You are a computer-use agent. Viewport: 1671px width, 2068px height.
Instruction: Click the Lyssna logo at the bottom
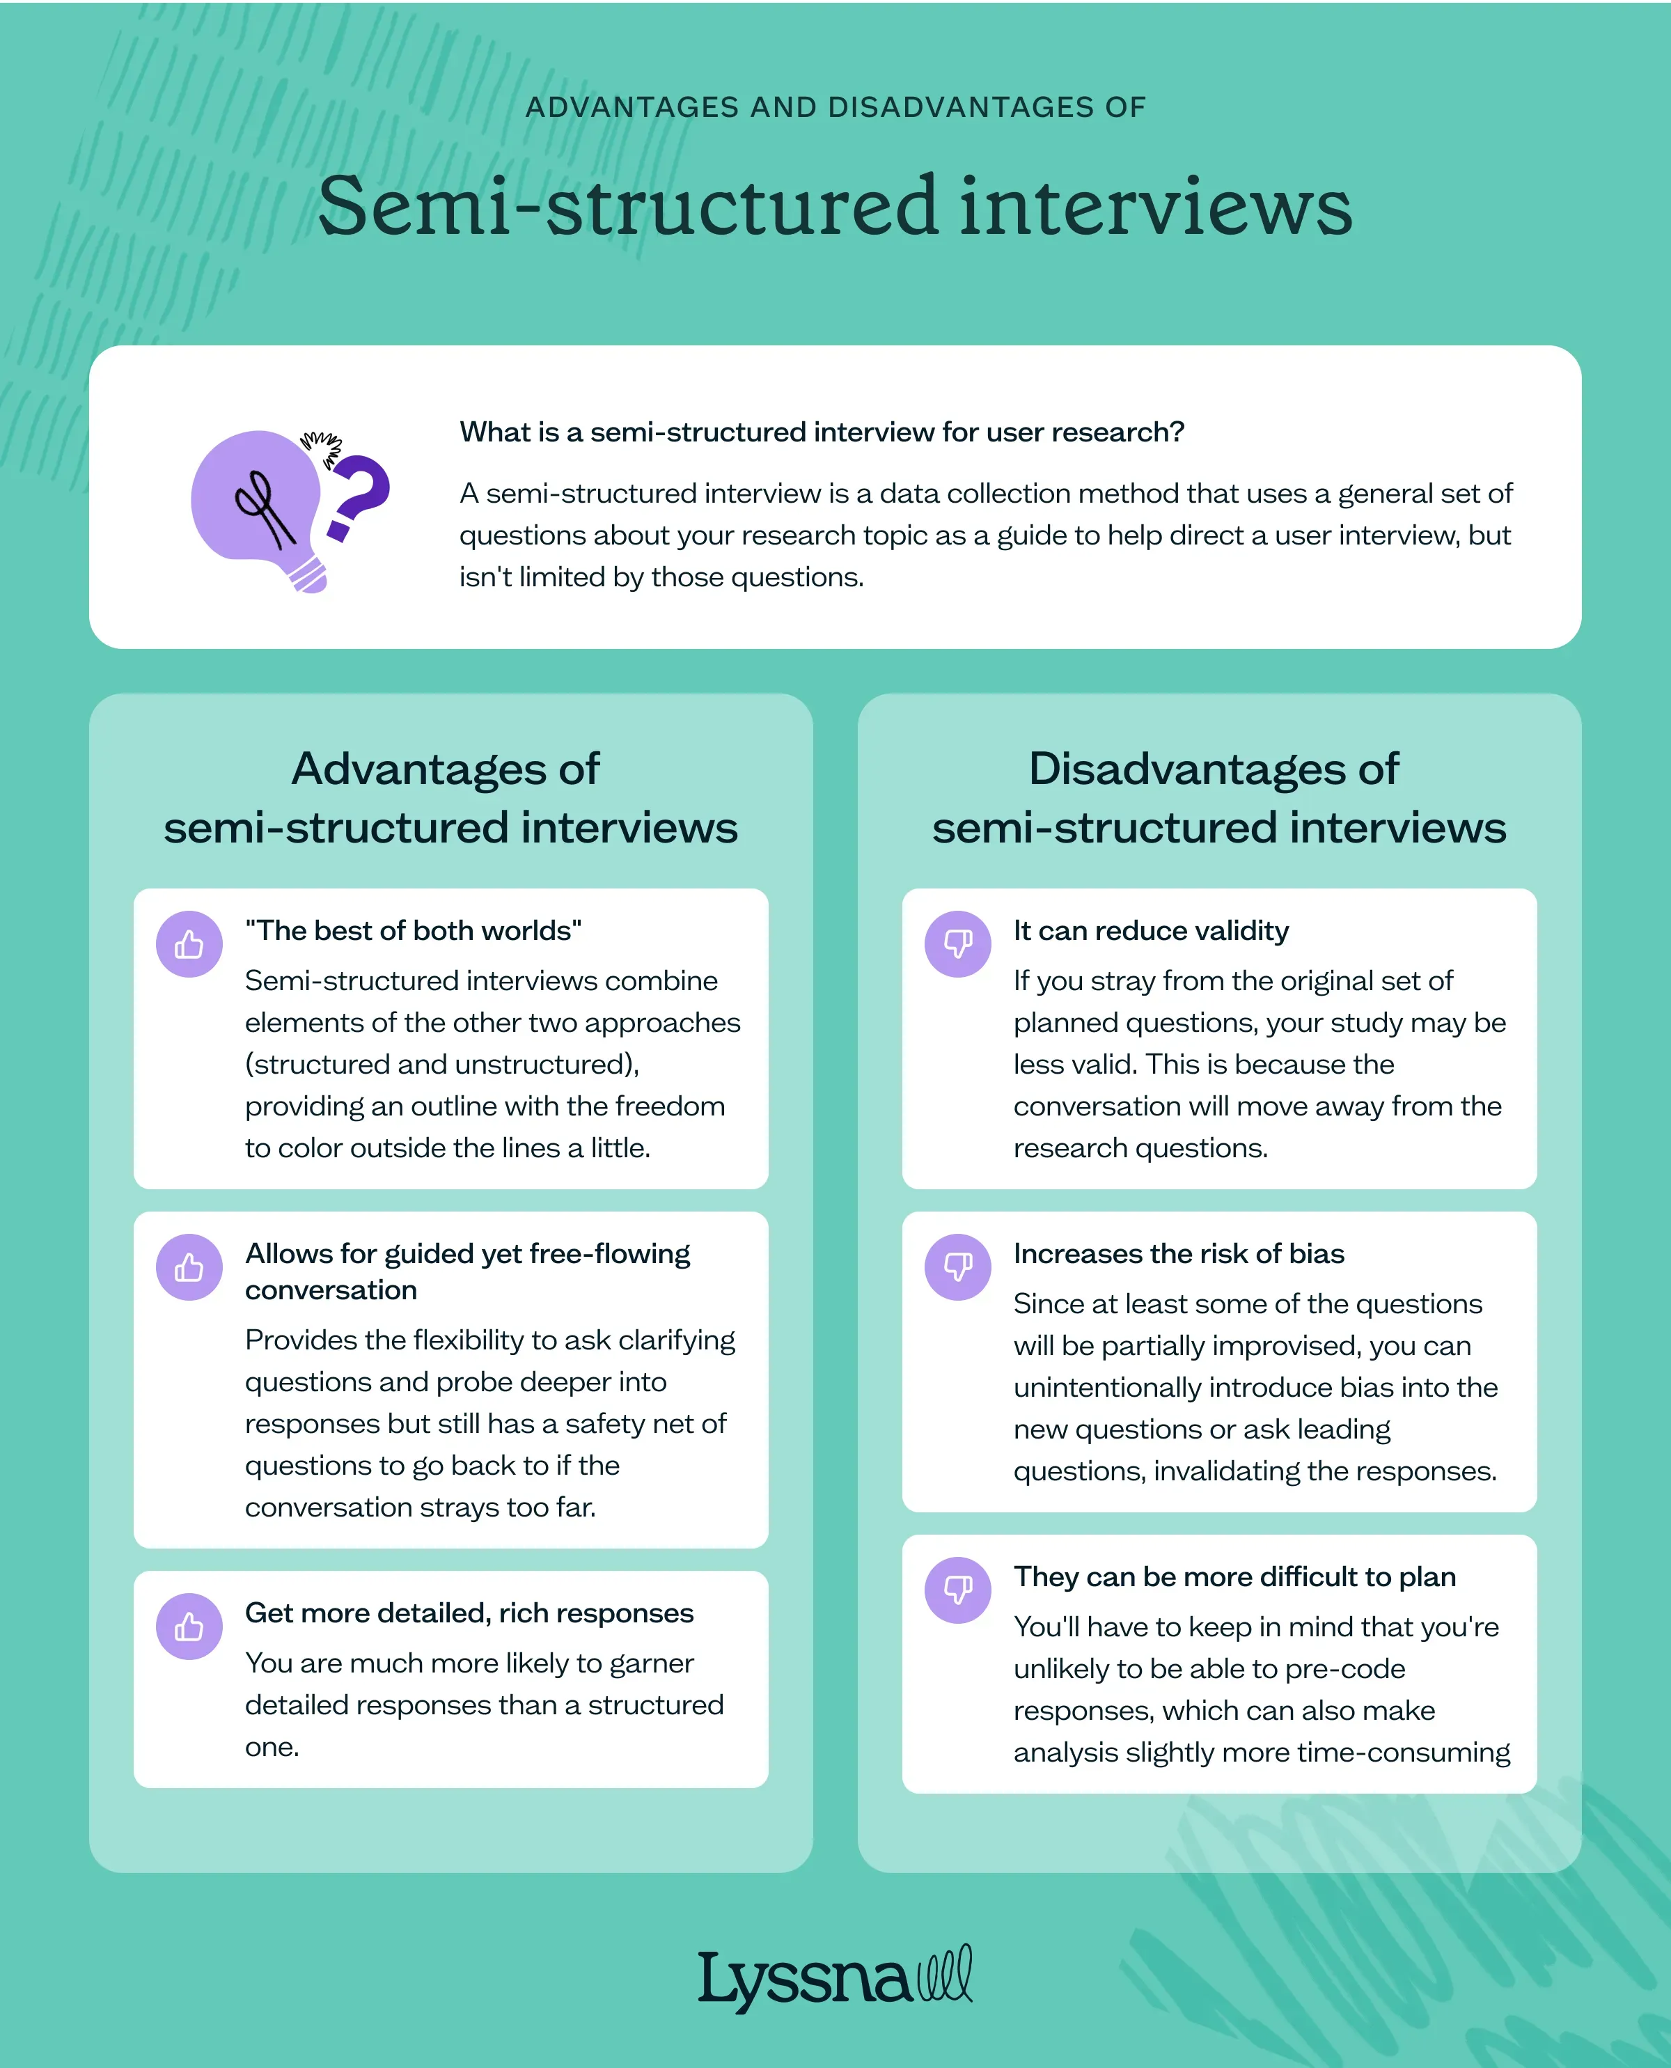(x=835, y=1978)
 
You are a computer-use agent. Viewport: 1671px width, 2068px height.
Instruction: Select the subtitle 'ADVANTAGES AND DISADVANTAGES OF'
(x=835, y=107)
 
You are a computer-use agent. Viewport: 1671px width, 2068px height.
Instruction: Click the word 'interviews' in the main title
(x=1155, y=206)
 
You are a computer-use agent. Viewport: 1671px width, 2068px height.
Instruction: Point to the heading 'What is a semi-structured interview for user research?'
(x=821, y=432)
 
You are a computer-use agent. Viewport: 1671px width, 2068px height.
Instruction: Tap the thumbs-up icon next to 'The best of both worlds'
(x=189, y=944)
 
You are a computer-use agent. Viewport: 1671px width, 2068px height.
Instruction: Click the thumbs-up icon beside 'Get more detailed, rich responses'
(x=189, y=1627)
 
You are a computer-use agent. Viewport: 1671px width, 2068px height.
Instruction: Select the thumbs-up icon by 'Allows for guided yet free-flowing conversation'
(x=189, y=1268)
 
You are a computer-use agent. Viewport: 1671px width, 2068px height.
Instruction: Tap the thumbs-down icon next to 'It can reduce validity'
(x=958, y=944)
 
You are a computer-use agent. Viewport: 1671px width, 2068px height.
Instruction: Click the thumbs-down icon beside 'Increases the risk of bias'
(x=958, y=1268)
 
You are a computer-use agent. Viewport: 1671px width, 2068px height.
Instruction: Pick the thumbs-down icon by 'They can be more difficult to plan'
(x=958, y=1590)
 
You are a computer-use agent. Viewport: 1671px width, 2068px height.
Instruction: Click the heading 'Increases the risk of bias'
(x=1178, y=1253)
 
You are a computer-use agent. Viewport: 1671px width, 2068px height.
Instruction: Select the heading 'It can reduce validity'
(x=1150, y=931)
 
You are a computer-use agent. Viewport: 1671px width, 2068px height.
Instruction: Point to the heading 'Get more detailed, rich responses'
(x=469, y=1613)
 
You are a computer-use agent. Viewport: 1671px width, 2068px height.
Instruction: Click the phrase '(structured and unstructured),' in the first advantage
(x=442, y=1064)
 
